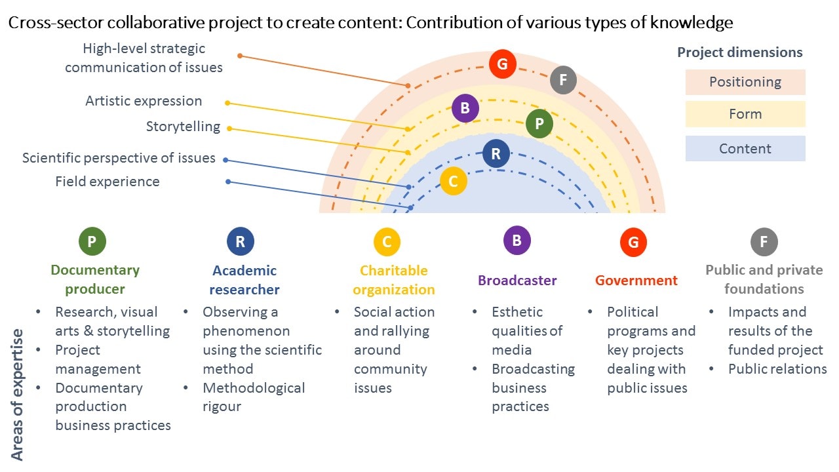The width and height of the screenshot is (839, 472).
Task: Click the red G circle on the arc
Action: (503, 64)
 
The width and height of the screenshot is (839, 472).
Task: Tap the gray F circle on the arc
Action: (563, 81)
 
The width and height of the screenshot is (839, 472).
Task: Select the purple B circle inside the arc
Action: (465, 108)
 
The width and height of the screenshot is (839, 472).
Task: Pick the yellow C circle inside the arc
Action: (453, 182)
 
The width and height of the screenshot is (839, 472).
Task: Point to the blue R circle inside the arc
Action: (496, 154)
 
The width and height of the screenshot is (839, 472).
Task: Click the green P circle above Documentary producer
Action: (92, 241)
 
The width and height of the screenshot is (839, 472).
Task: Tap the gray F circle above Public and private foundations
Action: (764, 242)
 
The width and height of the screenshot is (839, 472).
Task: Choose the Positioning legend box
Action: (745, 82)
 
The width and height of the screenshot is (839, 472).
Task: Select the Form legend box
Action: (745, 114)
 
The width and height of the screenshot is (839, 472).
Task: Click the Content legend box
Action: (745, 148)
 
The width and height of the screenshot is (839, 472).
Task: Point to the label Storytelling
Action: (183, 127)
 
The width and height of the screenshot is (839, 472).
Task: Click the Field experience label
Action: (107, 182)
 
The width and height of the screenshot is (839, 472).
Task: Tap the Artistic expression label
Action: (144, 101)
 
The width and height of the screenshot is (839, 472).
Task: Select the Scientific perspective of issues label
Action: (119, 158)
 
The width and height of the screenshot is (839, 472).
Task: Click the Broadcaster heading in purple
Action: (517, 281)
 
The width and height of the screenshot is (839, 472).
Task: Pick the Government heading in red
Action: (636, 281)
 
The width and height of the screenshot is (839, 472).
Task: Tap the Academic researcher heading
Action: (244, 280)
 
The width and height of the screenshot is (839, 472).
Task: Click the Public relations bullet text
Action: (777, 369)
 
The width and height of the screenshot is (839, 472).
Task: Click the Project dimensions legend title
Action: (739, 52)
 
